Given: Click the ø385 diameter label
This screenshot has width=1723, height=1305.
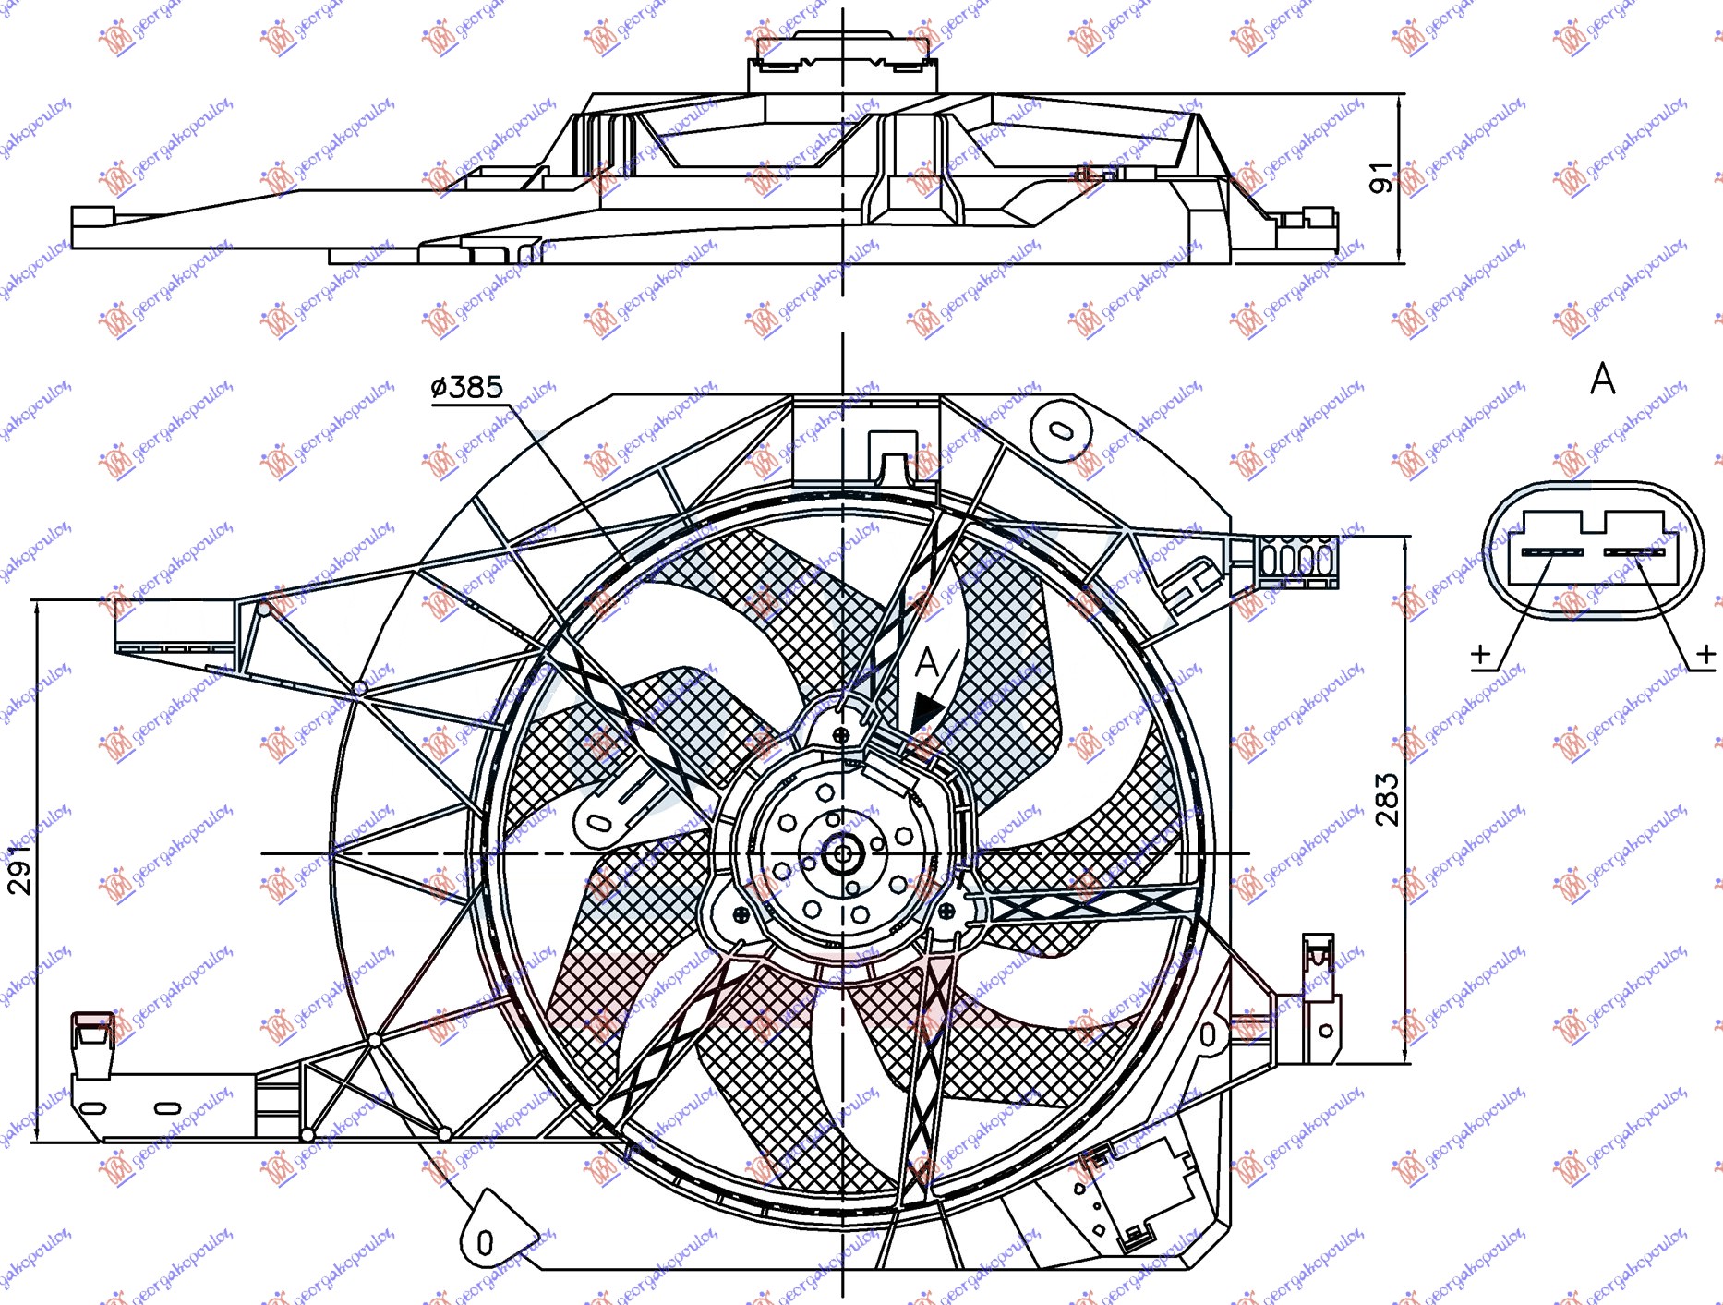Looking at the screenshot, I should tap(467, 387).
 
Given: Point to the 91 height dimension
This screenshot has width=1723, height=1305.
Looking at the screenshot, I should tap(1380, 177).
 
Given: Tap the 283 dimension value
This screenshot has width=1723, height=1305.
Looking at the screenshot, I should tap(1387, 799).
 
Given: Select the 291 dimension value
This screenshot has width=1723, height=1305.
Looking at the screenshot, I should tap(19, 870).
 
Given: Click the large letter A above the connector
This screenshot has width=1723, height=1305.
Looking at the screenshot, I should tap(1603, 379).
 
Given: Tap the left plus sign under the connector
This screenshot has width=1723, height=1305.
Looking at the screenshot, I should tap(1480, 654).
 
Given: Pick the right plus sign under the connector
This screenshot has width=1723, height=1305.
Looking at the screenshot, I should tap(1705, 654).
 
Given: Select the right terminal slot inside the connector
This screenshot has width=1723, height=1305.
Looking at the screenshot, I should tap(1634, 552).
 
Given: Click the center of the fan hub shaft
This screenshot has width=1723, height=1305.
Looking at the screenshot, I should tap(842, 854).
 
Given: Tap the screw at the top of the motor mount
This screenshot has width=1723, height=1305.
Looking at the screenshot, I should tap(841, 735).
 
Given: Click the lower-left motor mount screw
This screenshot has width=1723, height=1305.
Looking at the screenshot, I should tap(741, 914).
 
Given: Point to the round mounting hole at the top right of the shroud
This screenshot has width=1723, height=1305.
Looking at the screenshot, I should tap(1061, 430).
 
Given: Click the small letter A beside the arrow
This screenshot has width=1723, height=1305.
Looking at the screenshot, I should tap(927, 662).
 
